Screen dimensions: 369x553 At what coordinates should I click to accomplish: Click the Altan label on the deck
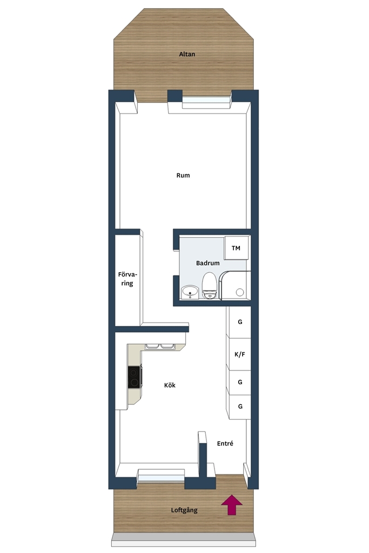coord(186,55)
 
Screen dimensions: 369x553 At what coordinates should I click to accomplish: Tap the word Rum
coord(183,176)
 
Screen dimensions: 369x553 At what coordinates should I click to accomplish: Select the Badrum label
coord(208,263)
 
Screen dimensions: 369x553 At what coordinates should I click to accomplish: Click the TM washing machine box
coord(236,248)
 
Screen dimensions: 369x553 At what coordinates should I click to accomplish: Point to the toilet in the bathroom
coord(209,286)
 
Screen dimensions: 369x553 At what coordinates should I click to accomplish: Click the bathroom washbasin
coord(190,292)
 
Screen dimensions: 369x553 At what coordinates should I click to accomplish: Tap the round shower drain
coord(240,292)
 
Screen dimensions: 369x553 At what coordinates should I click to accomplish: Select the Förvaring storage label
coord(128,279)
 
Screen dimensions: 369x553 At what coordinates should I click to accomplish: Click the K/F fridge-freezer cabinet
coord(239,354)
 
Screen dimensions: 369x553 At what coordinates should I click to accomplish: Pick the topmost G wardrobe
coord(239,322)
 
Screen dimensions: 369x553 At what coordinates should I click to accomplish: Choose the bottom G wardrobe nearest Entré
coord(239,407)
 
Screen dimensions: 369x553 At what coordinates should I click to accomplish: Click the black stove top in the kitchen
coord(135,377)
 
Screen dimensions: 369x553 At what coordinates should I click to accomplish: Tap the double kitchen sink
coord(159,346)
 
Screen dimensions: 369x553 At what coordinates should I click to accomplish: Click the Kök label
coord(170,385)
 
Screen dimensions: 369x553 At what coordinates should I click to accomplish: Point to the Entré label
coord(225,443)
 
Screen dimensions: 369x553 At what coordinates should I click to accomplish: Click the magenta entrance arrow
coord(232,505)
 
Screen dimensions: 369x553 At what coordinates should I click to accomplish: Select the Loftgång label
coord(184,510)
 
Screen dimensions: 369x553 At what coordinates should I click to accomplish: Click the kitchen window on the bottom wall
coord(161,475)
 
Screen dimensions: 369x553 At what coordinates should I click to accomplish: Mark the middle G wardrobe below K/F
coord(239,382)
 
